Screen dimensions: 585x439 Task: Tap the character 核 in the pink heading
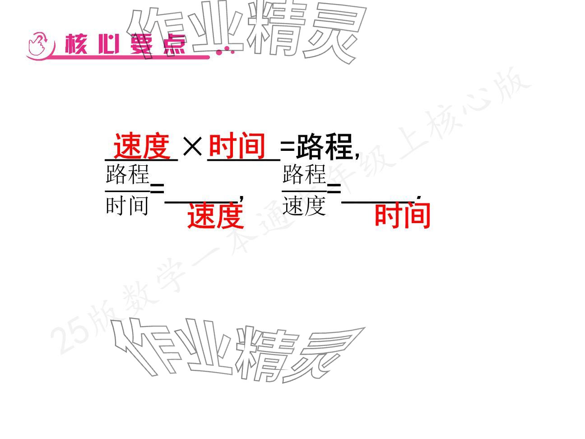(x=77, y=45)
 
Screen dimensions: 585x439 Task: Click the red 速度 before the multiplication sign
(x=141, y=146)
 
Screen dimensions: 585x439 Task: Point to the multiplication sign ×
(x=193, y=146)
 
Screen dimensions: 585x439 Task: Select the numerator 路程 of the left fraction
(x=127, y=175)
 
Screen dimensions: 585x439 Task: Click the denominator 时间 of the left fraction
(x=127, y=206)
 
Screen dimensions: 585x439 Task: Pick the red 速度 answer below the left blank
(x=215, y=215)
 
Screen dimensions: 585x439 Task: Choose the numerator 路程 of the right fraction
(x=304, y=175)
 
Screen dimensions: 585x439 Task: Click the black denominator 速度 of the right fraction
(x=304, y=206)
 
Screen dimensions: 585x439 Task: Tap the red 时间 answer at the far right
(x=402, y=215)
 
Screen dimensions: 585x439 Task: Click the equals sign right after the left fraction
(x=157, y=188)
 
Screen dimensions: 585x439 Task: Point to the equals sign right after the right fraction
(x=334, y=188)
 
